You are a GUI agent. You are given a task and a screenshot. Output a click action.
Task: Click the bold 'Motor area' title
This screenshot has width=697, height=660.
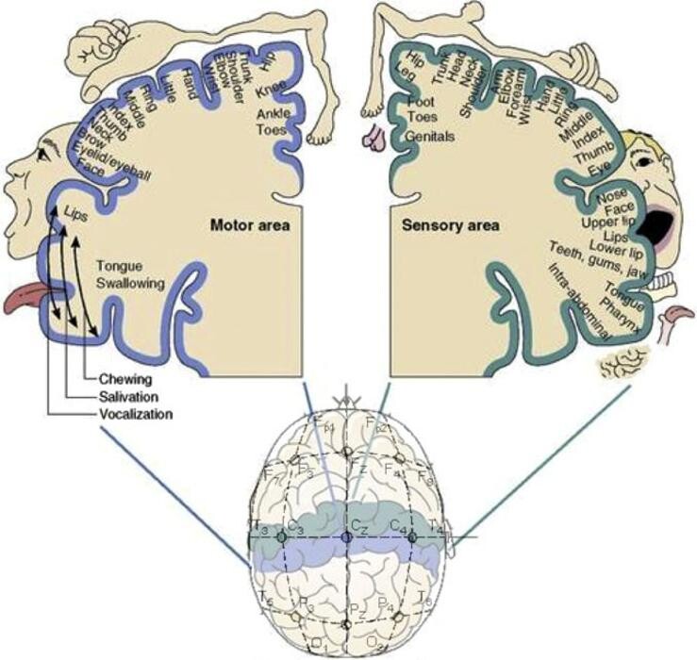248,225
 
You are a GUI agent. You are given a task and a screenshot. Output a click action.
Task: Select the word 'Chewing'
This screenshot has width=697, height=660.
121,379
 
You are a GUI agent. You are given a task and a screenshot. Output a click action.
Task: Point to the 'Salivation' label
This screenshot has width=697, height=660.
126,396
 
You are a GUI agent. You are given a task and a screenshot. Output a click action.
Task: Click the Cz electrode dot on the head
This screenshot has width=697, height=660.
347,536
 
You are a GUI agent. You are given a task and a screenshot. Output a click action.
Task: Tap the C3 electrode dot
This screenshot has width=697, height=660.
281,536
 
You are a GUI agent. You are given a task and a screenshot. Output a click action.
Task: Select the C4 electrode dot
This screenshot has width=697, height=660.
411,536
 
